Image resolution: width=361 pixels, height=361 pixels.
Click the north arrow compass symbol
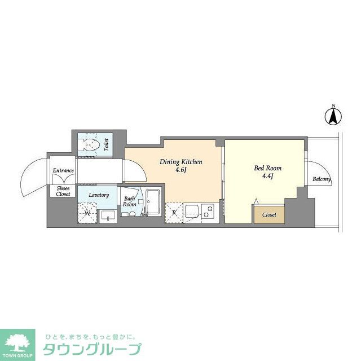[333, 117]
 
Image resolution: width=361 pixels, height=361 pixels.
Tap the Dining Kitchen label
[181, 162]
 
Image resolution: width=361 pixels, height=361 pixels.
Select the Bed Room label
[267, 168]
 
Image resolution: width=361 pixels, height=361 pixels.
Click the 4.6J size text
[181, 170]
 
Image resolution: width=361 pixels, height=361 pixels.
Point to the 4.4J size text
[267, 177]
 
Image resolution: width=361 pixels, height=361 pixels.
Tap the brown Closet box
[270, 214]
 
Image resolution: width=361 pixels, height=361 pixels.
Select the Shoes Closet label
[63, 191]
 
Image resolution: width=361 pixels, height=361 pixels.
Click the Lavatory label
[99, 195]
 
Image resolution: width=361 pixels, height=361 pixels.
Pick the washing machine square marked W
[87, 213]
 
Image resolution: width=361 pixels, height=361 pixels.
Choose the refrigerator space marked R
[174, 213]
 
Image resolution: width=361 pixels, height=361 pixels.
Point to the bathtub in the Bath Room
[153, 202]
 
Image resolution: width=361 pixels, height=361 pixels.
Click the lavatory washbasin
[108, 216]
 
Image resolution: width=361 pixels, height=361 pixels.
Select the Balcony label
[322, 179]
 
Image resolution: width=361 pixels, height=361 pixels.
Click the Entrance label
[63, 170]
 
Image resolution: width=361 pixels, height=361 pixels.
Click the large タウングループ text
[92, 349]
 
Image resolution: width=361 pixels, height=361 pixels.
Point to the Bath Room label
[129, 201]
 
